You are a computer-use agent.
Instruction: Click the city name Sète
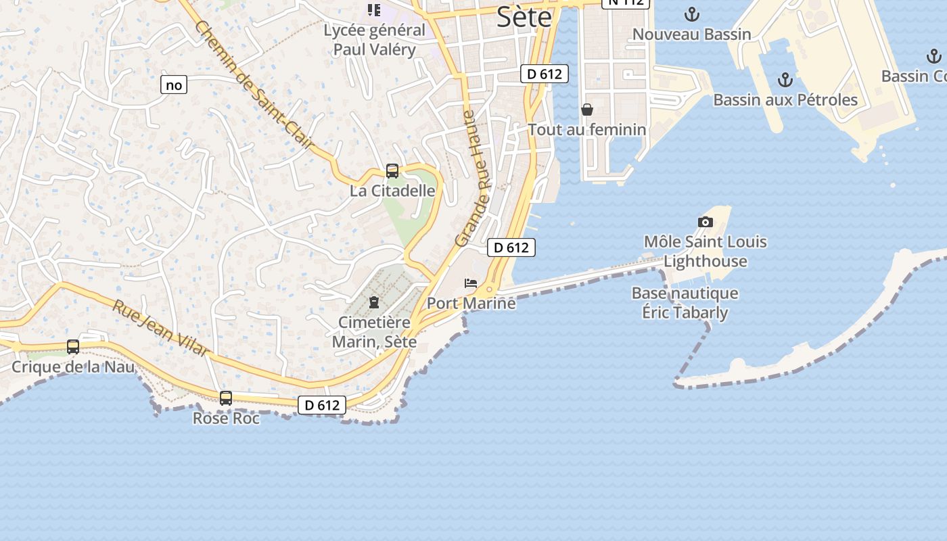point(524,17)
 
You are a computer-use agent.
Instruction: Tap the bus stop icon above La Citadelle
point(392,171)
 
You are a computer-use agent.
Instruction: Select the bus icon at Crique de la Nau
point(73,347)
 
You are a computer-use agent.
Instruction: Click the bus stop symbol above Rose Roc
point(226,398)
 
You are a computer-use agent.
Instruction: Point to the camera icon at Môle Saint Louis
point(705,222)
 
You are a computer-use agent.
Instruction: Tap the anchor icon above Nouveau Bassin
point(691,14)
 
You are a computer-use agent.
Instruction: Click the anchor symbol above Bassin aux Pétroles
point(785,80)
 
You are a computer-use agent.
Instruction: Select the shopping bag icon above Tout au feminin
point(587,110)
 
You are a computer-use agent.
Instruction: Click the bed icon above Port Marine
point(471,283)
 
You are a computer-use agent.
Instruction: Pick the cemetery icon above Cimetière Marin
point(374,302)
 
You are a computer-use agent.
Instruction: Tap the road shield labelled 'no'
point(174,85)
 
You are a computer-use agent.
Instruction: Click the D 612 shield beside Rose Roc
point(322,405)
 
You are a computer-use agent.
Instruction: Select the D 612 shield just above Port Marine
point(511,248)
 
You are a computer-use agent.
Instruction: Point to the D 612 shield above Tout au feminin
point(545,74)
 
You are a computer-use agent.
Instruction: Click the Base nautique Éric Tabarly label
point(685,303)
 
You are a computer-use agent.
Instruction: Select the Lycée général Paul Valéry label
point(374,40)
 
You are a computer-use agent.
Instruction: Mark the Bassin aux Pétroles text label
point(785,100)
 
